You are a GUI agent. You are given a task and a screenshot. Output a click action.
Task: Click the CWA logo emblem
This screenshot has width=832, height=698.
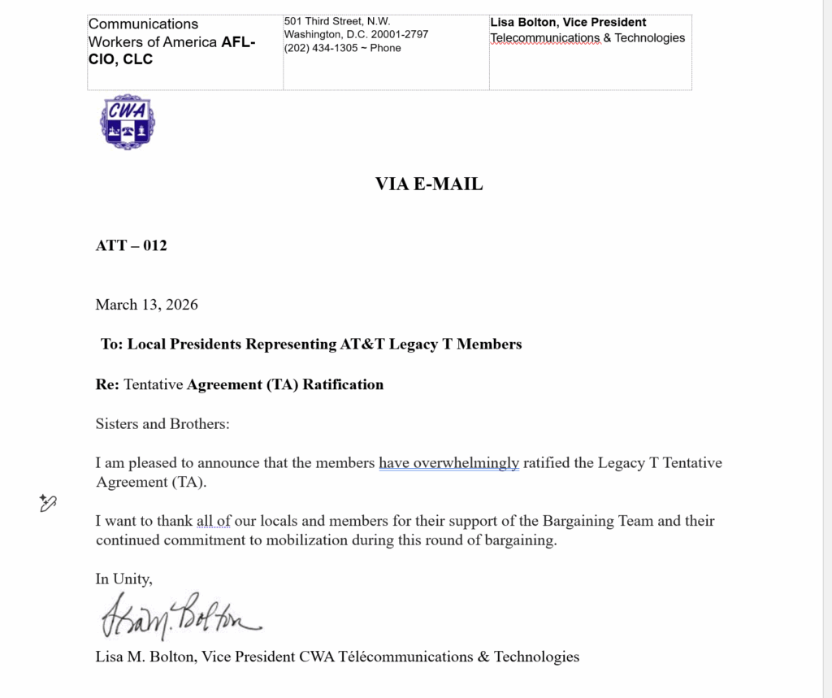pyautogui.click(x=128, y=122)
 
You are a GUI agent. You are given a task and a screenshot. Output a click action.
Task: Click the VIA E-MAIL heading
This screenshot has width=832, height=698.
pyautogui.click(x=429, y=184)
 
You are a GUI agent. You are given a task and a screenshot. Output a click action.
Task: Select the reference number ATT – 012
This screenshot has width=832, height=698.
pyautogui.click(x=132, y=245)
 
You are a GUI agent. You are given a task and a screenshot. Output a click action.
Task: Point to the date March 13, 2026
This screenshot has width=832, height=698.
pyautogui.click(x=147, y=305)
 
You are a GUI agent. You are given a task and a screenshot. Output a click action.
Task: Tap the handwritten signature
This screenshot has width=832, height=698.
pyautogui.click(x=180, y=617)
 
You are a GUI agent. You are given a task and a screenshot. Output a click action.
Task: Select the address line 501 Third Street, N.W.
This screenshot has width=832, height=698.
pyautogui.click(x=337, y=21)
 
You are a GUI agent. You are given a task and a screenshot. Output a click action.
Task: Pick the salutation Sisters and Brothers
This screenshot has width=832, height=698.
pyautogui.click(x=162, y=423)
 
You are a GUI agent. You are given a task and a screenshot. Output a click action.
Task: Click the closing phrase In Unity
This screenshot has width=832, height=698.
pyautogui.click(x=123, y=579)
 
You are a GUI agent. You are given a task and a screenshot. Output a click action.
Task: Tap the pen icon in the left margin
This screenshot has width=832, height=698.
pyautogui.click(x=48, y=504)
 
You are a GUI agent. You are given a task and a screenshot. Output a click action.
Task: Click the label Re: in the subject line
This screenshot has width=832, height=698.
pyautogui.click(x=108, y=384)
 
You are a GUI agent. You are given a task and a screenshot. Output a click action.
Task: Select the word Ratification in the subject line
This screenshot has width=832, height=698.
pyautogui.click(x=343, y=384)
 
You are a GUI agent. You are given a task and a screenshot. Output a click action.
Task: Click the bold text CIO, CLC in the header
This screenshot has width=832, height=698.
pyautogui.click(x=121, y=59)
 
